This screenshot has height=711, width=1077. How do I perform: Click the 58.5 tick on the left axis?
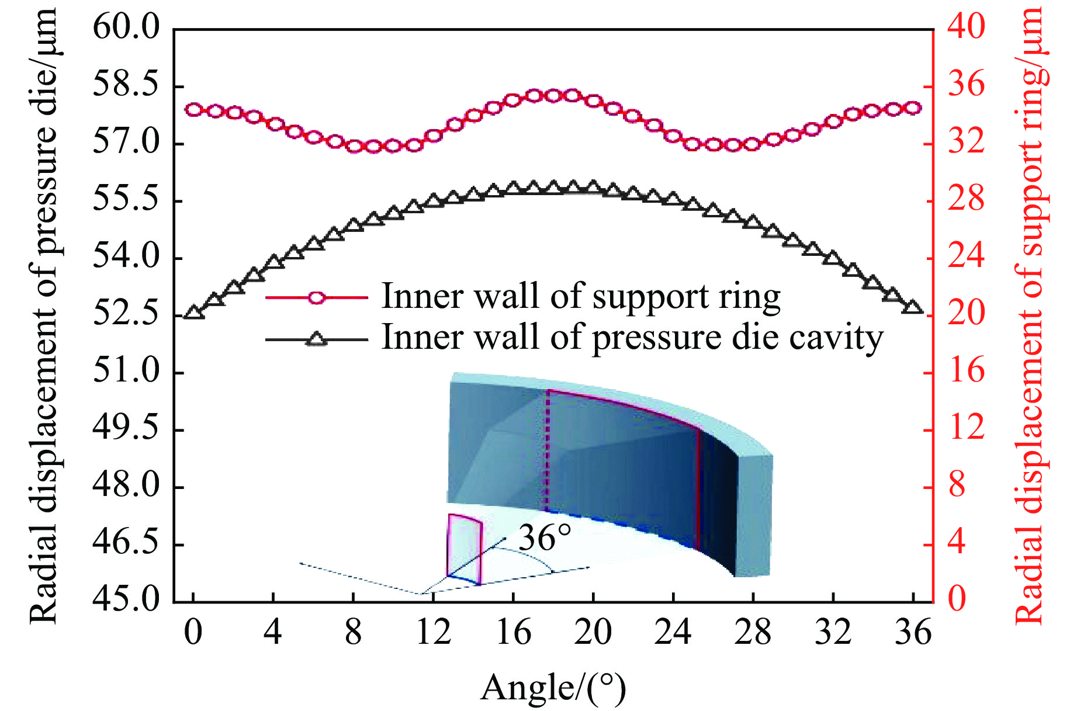point(126,85)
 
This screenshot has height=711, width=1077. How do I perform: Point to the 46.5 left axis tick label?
point(126,543)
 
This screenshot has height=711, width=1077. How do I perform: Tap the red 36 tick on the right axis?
point(966,85)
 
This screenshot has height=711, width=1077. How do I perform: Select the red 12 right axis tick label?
point(966,429)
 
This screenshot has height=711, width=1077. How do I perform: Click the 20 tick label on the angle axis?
point(593,633)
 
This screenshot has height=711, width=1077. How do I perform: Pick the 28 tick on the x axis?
point(753,633)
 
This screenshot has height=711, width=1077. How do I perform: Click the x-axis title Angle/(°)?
point(553,688)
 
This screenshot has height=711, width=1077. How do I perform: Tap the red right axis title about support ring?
point(1030,315)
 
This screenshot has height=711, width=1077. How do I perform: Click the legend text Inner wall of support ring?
point(581,296)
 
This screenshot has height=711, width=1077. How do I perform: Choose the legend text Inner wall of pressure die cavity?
point(632,338)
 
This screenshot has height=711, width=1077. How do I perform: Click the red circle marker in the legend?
point(316,297)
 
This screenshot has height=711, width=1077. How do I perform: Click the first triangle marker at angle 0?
point(193,312)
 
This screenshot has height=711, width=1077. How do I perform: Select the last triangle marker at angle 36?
point(913,307)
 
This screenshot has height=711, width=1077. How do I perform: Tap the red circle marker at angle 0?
point(193,109)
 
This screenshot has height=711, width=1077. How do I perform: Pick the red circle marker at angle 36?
point(913,108)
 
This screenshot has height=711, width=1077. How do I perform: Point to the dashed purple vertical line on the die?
point(548,450)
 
